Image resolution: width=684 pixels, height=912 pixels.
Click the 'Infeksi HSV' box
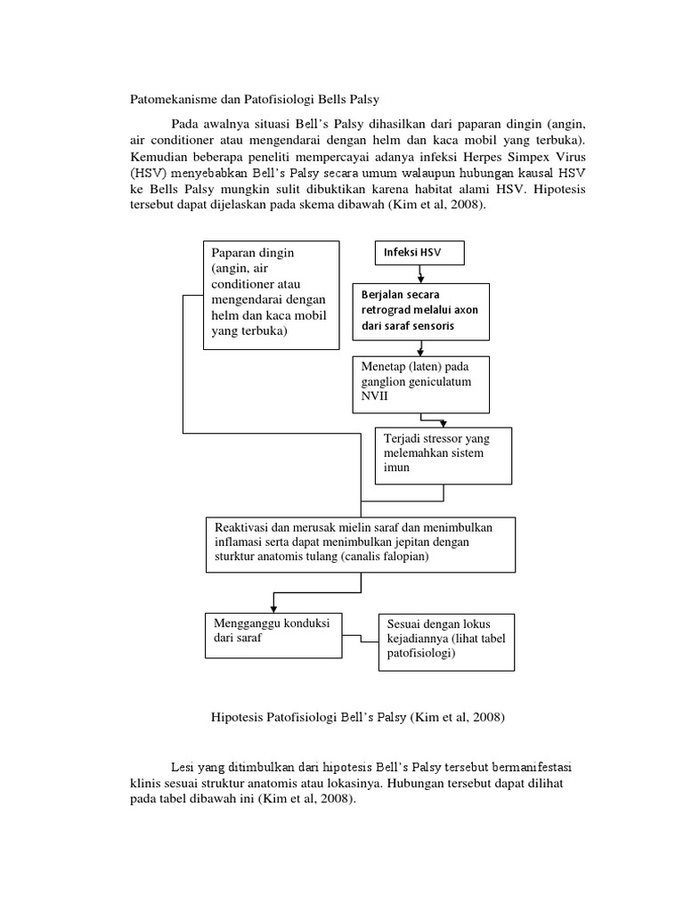419,254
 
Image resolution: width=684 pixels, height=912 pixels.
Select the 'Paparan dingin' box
272,294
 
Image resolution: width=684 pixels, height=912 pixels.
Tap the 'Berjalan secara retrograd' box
421,312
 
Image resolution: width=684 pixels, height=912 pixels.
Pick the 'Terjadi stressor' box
444,454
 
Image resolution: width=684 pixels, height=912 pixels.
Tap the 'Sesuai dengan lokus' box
446,640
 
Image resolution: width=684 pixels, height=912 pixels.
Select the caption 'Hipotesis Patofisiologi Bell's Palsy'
357,716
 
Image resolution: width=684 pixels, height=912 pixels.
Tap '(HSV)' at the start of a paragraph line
147,174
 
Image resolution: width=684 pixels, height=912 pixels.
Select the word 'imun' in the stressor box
396,468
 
